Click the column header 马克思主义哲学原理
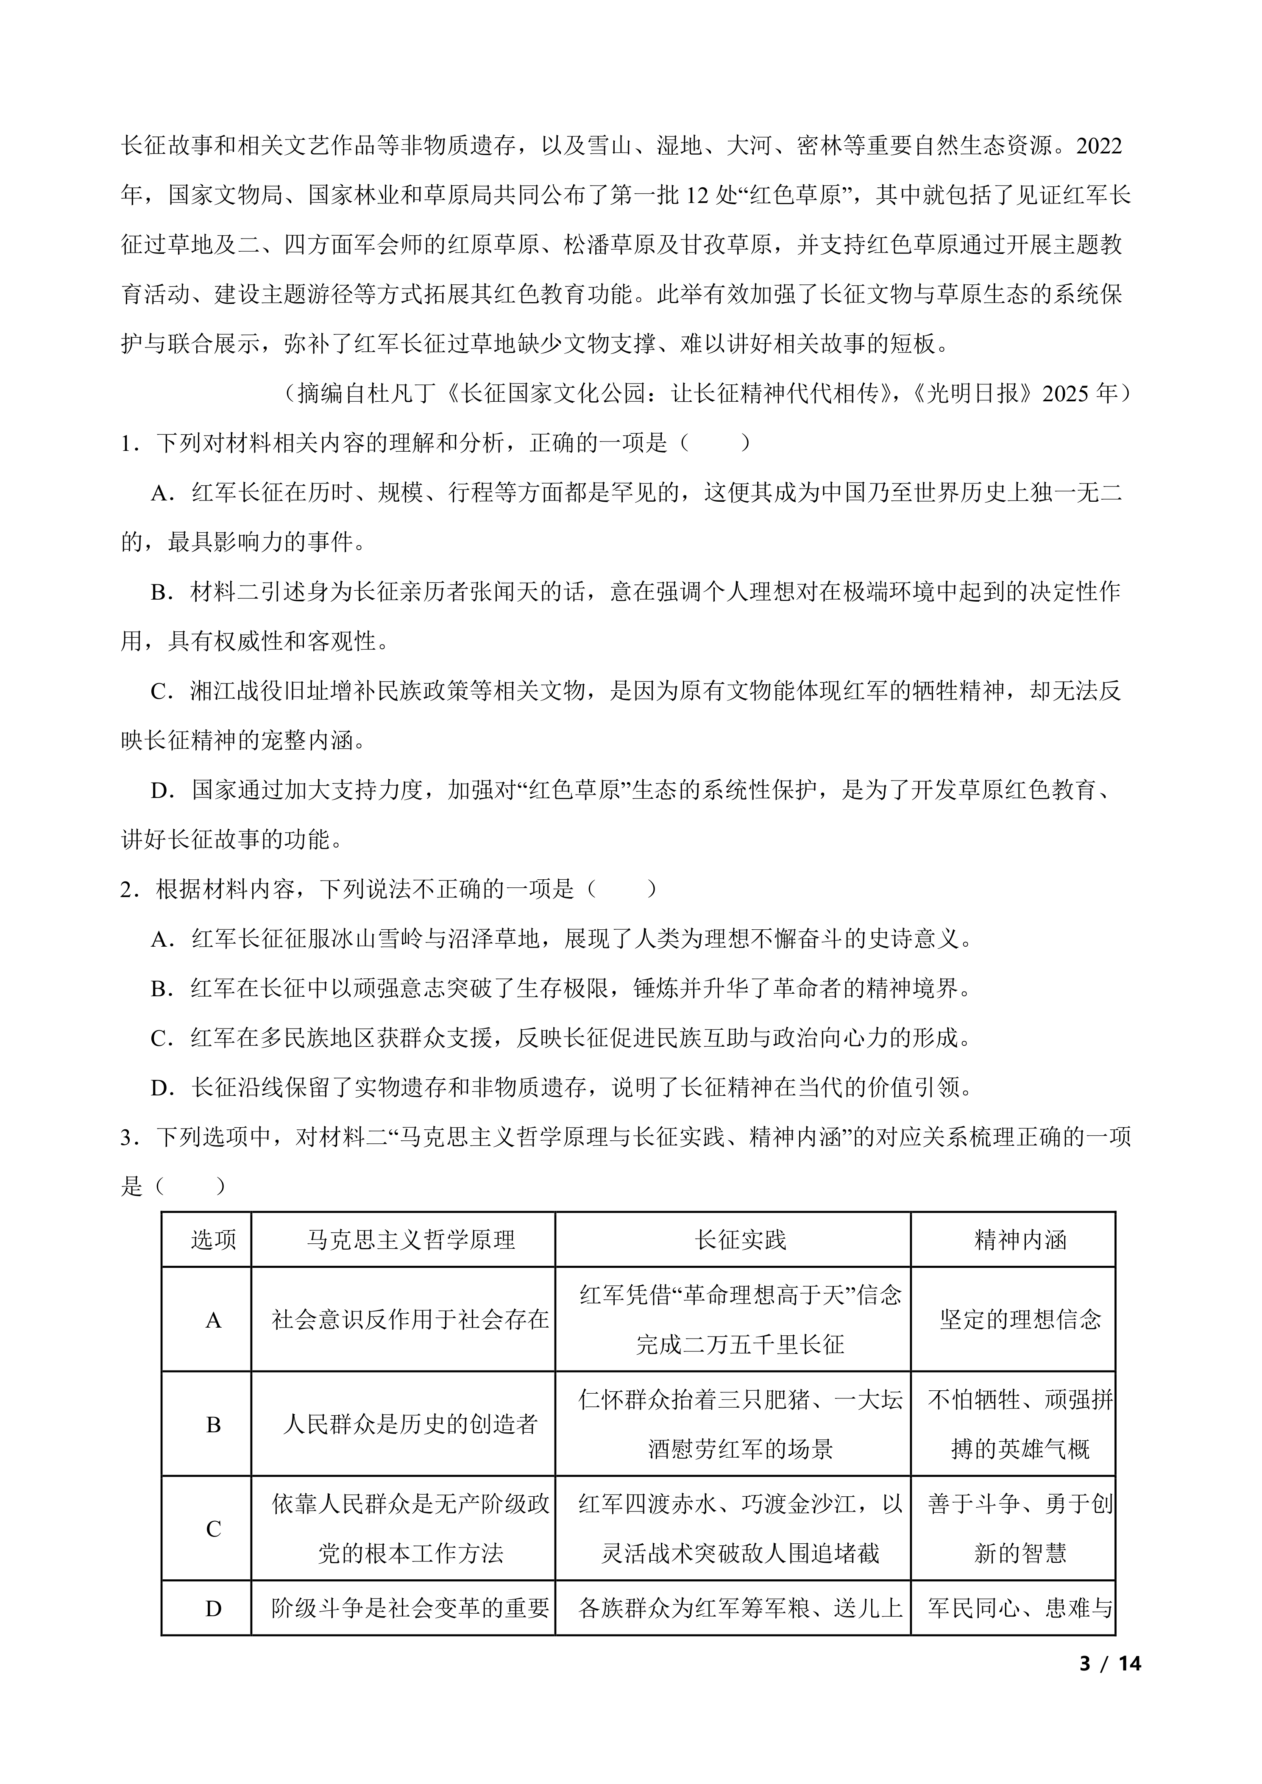(410, 1239)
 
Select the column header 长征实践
(740, 1239)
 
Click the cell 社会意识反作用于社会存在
(410, 1319)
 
